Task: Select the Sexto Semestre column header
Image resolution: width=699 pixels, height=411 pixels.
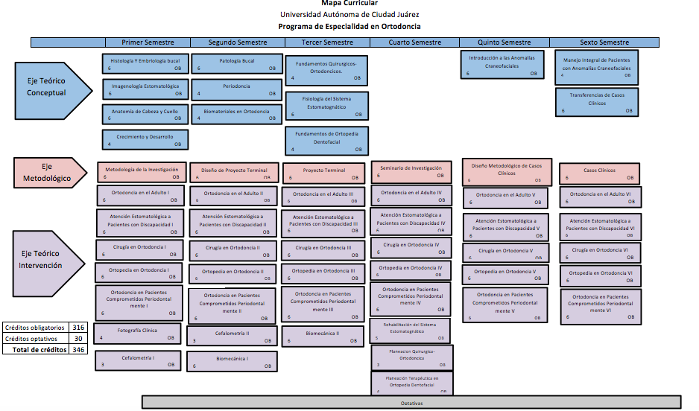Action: tap(604, 42)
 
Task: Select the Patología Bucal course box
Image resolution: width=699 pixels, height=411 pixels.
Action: tap(237, 63)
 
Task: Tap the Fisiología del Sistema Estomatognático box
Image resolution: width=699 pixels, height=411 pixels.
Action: tap(326, 106)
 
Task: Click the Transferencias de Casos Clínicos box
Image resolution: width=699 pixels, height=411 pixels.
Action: tap(597, 102)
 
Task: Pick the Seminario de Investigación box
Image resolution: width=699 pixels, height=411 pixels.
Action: tap(411, 172)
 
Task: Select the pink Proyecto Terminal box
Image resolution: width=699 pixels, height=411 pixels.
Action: tap(324, 173)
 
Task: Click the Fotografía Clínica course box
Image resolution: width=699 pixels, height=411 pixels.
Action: tap(137, 333)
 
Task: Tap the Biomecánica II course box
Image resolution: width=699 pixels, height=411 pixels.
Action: tap(322, 337)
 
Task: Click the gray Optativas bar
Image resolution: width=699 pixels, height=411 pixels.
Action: tap(411, 403)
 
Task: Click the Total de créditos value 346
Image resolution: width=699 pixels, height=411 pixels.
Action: tap(78, 349)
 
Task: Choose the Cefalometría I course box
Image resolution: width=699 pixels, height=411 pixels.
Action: tap(138, 360)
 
